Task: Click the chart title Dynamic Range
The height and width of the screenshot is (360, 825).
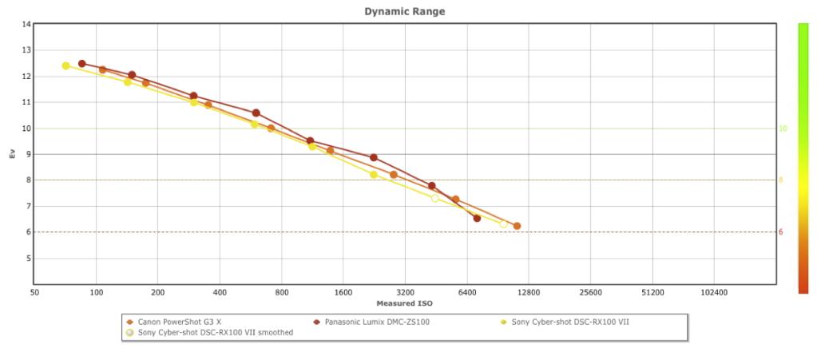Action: (404, 11)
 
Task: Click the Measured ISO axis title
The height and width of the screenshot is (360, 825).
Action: (404, 304)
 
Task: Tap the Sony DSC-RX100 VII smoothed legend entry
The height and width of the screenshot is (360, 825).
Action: (215, 333)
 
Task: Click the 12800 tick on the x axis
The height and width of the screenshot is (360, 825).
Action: (529, 293)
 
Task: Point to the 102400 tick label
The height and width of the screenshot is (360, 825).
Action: (714, 293)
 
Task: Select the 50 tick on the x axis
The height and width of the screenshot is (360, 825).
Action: (34, 293)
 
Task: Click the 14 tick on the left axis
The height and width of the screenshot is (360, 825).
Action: (26, 25)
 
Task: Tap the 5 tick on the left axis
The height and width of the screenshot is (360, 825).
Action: (27, 259)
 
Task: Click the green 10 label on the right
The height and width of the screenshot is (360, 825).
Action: (783, 129)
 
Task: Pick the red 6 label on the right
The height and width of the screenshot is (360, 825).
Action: (781, 232)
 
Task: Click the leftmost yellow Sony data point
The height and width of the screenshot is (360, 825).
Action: (65, 65)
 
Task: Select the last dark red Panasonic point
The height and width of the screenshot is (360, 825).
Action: (477, 218)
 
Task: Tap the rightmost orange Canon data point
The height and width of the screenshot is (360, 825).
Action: (517, 226)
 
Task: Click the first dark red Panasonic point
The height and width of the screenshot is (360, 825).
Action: (81, 64)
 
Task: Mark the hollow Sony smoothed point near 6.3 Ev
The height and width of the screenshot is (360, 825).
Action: (503, 224)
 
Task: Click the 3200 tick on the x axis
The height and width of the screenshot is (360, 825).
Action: (405, 293)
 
